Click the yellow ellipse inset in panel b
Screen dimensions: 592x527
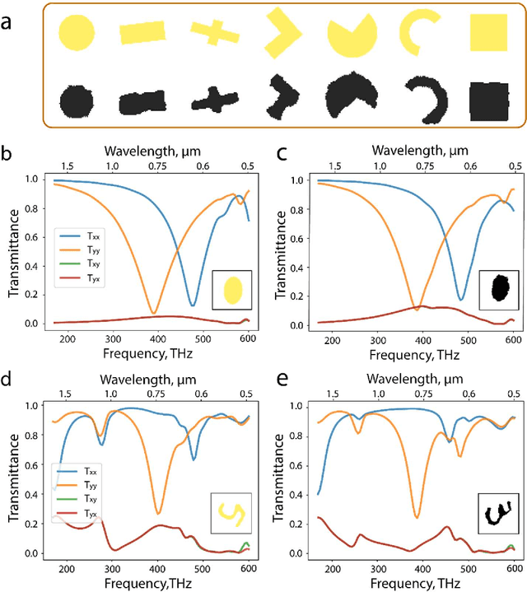233,290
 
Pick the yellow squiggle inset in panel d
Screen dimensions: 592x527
228,515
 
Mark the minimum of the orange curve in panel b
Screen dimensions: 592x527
153,313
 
